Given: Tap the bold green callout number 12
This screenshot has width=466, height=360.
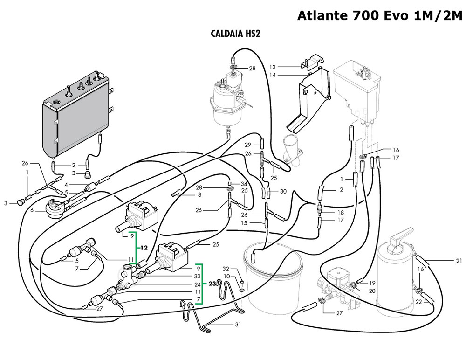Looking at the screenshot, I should [x=144, y=247].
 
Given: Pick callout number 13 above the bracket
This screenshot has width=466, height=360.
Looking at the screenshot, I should [x=273, y=67].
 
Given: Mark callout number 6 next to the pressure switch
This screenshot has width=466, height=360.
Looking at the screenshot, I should [x=31, y=211].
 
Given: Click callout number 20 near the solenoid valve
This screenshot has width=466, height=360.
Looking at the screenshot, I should [x=372, y=291].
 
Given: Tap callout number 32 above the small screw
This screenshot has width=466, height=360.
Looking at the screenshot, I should [x=226, y=269].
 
